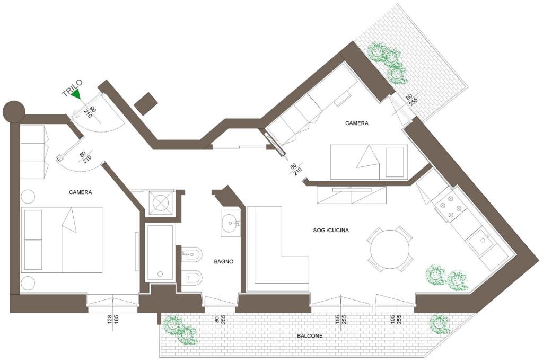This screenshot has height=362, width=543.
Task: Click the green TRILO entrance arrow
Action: click(76, 94)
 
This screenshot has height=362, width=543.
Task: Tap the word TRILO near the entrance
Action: click(72, 88)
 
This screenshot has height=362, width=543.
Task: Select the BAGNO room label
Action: click(224, 262)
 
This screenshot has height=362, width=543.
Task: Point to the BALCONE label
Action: click(310, 335)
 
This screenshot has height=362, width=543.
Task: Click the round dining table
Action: click(390, 249)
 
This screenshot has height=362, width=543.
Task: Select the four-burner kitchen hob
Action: click(450, 207)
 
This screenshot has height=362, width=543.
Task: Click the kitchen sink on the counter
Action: click(480, 241)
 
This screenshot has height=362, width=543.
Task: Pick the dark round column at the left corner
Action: click(14, 111)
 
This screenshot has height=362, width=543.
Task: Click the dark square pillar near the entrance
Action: click(146, 103)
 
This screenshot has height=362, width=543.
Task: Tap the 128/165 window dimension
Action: click(113, 323)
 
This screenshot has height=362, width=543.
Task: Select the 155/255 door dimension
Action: click(341, 323)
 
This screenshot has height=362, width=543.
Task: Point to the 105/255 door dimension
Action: click(396, 323)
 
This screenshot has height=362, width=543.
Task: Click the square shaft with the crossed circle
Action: click(160, 201)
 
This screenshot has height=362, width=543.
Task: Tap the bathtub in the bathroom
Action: click(160, 252)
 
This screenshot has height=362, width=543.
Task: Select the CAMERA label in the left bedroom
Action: click(81, 192)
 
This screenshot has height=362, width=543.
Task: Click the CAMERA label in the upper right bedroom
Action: click(357, 123)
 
